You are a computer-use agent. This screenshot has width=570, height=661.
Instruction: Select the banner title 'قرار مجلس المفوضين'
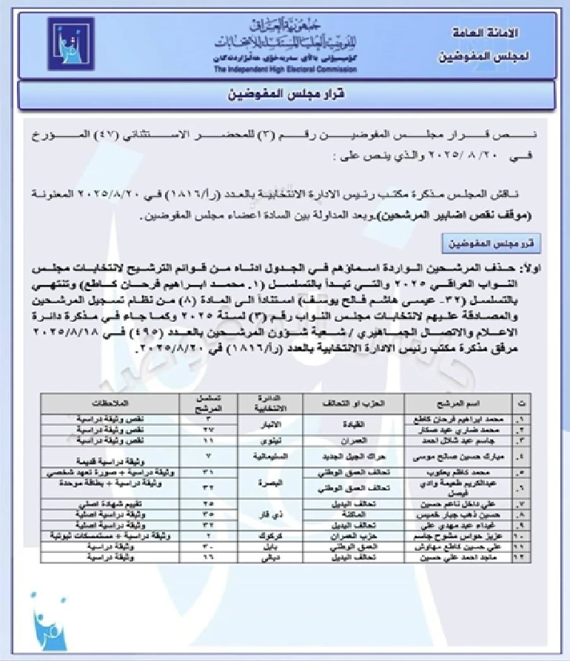284,95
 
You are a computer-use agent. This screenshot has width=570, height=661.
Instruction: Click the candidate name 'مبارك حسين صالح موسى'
456,456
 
